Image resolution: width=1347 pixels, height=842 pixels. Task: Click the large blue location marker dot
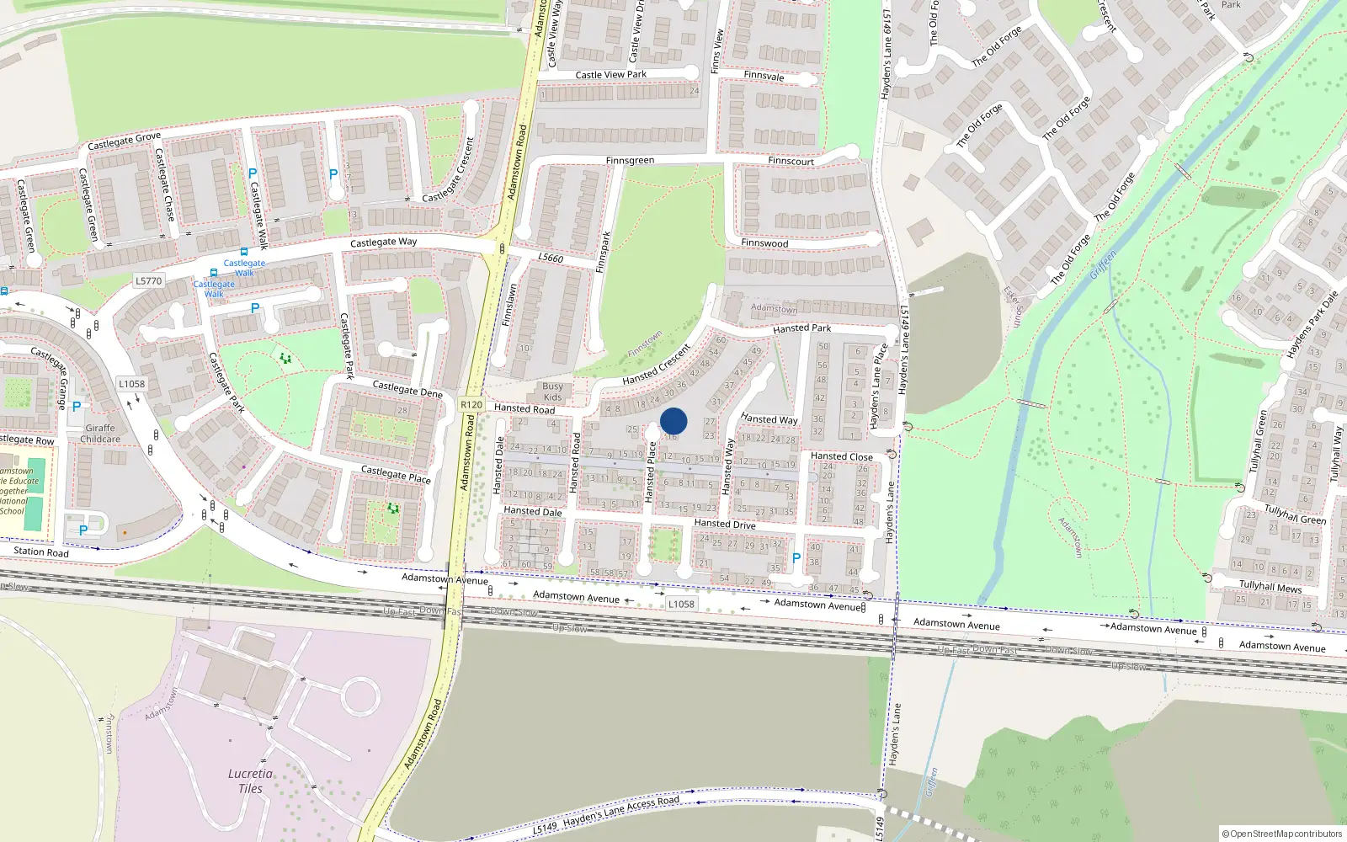point(673,421)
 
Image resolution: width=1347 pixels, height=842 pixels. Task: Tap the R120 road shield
point(471,405)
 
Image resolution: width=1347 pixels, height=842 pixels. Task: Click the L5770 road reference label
point(148,281)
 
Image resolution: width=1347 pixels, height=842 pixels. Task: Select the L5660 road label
point(551,258)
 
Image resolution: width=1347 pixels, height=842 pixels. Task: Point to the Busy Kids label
point(553,392)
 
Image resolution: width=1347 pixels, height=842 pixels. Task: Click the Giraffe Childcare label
point(100,434)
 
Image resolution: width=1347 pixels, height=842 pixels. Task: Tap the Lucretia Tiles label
point(250,781)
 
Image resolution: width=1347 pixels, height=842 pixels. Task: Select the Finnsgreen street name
point(630,161)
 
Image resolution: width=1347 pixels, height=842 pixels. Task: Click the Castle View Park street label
point(611,75)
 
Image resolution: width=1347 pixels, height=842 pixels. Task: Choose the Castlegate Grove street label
point(124,141)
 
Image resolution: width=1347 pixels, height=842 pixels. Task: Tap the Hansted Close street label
point(842,456)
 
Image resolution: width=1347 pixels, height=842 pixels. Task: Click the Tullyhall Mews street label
point(1270,587)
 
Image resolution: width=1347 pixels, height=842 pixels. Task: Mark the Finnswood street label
point(764,243)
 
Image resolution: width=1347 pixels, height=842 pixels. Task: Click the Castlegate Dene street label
point(407,389)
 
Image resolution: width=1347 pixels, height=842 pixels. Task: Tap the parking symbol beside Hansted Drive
point(796,558)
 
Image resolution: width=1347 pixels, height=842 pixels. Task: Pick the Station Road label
point(41,552)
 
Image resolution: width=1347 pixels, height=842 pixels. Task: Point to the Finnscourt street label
point(791,161)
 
